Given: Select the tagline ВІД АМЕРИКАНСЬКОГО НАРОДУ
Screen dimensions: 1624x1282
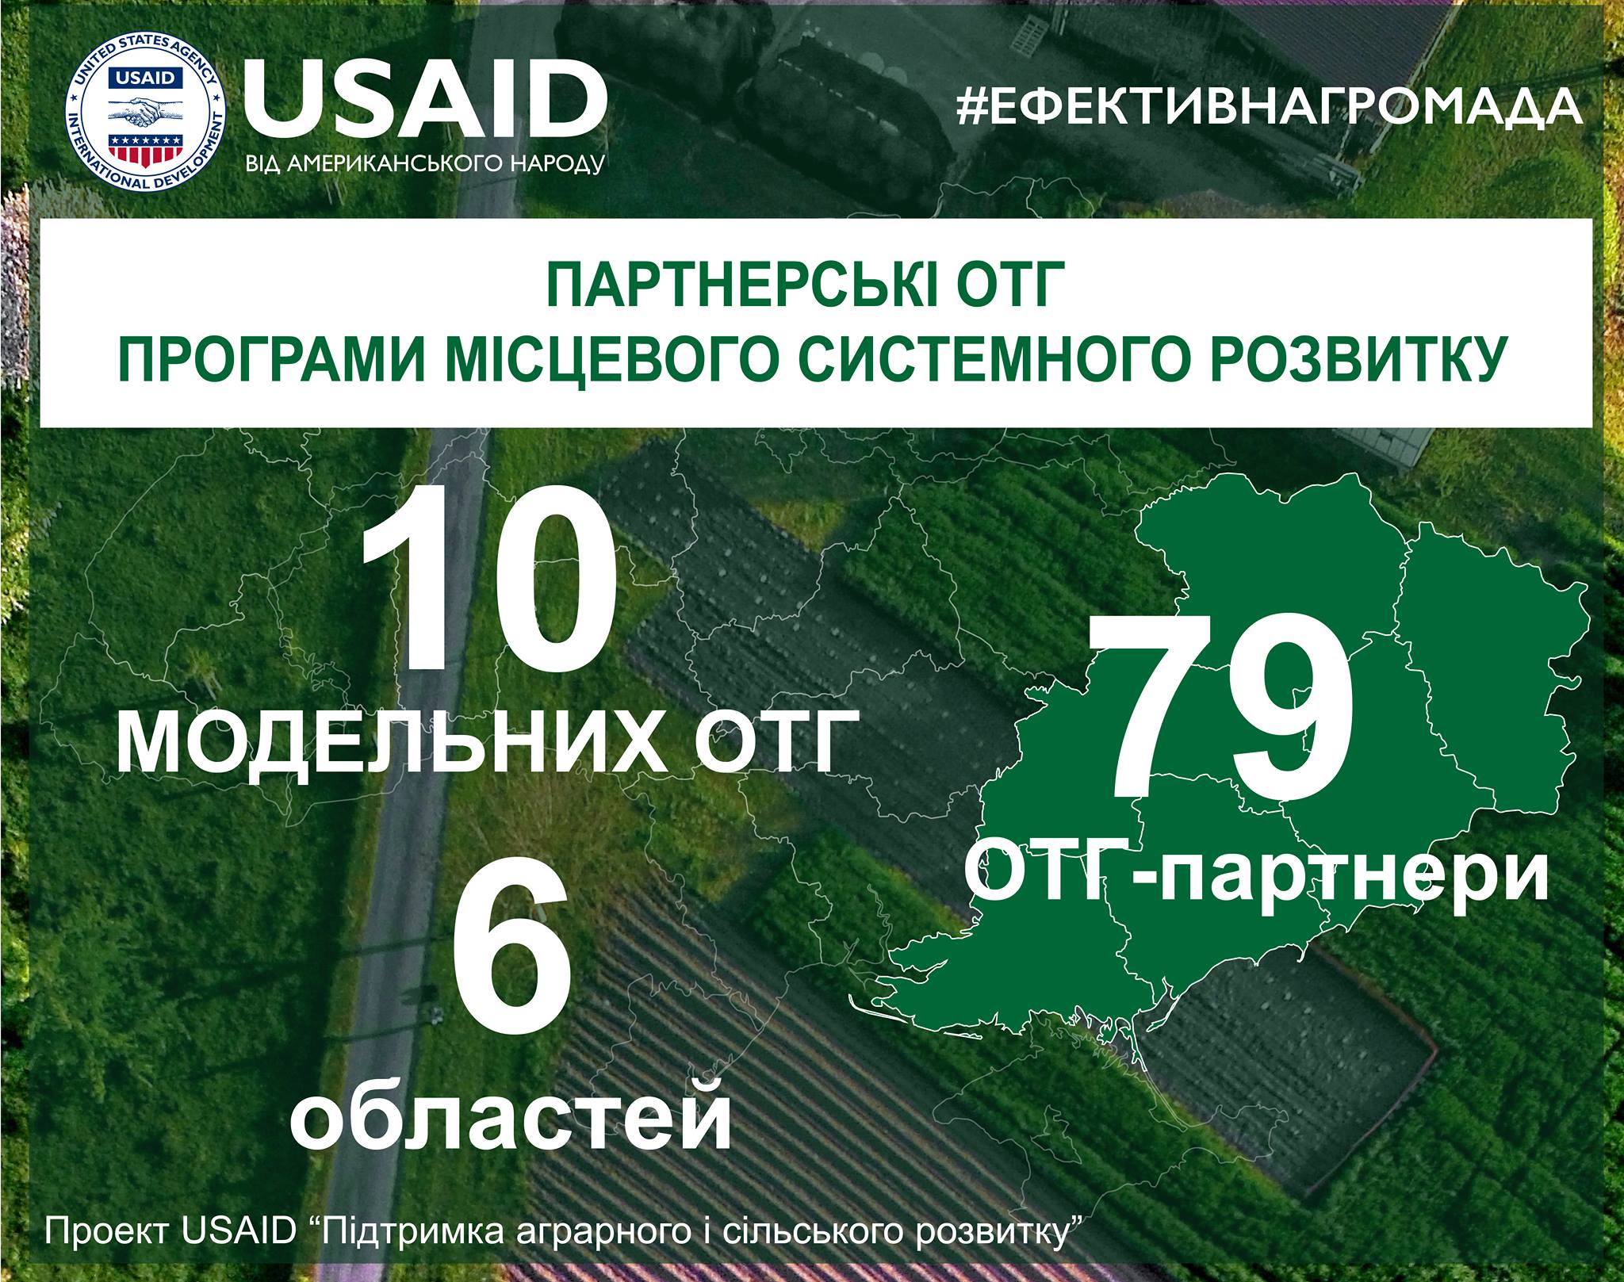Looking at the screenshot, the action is click(426, 165).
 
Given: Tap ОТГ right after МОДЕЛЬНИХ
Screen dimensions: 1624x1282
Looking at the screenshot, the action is click(772, 742).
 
